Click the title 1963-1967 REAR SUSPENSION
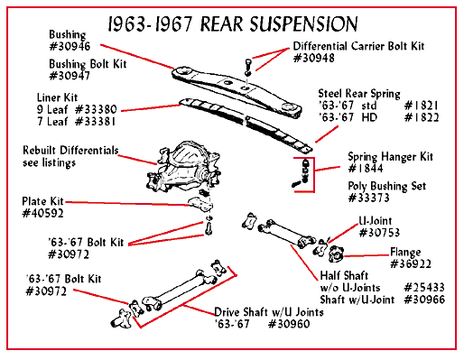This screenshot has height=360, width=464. (x=233, y=23)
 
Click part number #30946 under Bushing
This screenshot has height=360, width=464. (x=70, y=46)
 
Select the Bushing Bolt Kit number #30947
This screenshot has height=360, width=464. (x=70, y=76)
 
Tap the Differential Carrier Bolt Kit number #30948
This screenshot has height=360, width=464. (x=314, y=58)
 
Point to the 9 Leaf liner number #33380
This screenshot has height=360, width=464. (x=96, y=109)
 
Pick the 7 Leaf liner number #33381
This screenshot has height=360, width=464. (x=95, y=122)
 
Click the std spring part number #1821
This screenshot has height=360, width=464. (x=422, y=106)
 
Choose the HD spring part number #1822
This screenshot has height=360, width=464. (x=422, y=117)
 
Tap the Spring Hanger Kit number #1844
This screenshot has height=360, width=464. (x=366, y=168)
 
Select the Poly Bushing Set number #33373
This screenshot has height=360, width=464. (x=368, y=198)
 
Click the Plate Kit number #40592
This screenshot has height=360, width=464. (x=42, y=213)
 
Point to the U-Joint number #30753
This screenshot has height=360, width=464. (x=379, y=233)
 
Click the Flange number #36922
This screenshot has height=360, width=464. (x=411, y=263)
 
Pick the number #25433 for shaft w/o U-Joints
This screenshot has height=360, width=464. (x=424, y=288)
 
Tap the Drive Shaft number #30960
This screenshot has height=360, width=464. (x=289, y=324)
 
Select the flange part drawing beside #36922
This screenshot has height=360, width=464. (x=336, y=254)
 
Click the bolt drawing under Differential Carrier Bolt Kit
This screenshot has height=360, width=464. (x=247, y=66)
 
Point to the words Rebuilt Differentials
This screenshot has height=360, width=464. (x=70, y=150)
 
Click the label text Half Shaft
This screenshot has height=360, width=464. (x=344, y=275)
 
